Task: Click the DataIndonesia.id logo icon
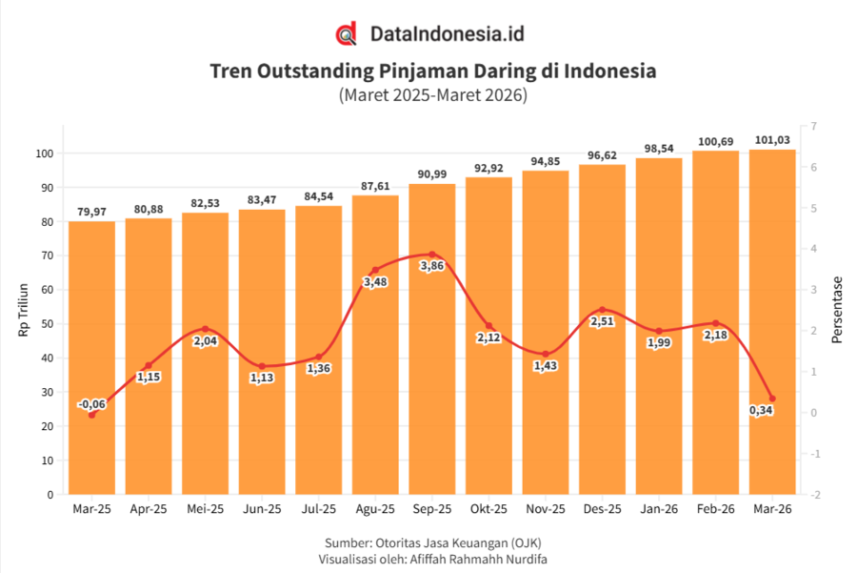pyautogui.click(x=346, y=33)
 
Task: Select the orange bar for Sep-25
pyautogui.click(x=431, y=338)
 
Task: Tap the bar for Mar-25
pyautogui.click(x=91, y=358)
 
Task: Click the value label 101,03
pyautogui.click(x=772, y=140)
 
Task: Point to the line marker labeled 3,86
pyautogui.click(x=431, y=255)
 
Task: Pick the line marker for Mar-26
pyautogui.click(x=772, y=399)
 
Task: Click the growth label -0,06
pyautogui.click(x=91, y=404)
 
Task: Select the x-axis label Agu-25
pyautogui.click(x=375, y=509)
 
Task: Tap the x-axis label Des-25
pyautogui.click(x=603, y=509)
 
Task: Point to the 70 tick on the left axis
pyautogui.click(x=47, y=256)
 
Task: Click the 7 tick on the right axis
pyautogui.click(x=814, y=127)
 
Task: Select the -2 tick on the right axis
pyautogui.click(x=815, y=495)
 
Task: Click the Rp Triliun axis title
pyautogui.click(x=23, y=310)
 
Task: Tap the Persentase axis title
pyautogui.click(x=837, y=310)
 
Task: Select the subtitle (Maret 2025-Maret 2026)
pyautogui.click(x=433, y=94)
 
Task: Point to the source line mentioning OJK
pyautogui.click(x=433, y=542)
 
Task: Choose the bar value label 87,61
pyautogui.click(x=375, y=186)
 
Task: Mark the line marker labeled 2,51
pyautogui.click(x=603, y=310)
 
